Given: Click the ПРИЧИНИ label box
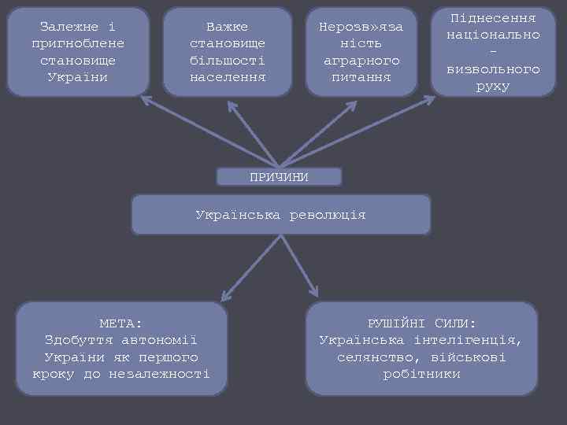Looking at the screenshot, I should coord(279,176).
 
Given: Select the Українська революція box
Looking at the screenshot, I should coord(280,214).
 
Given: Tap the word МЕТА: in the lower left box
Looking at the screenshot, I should coord(121,323).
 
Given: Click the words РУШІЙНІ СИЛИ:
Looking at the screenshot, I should coord(421,323).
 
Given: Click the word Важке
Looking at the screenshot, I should coord(227,27).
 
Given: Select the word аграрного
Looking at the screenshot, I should coord(361,61).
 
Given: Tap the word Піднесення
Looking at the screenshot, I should coord(493,17).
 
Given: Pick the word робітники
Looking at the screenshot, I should coord(421,374).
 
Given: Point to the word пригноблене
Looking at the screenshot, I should coord(78,43).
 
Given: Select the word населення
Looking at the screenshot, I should coord(227,77).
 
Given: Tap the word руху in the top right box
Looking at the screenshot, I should coord(493,86).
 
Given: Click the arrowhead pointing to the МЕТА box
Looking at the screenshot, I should coord(225,297).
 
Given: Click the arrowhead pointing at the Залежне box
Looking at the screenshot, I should coord(145,100).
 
